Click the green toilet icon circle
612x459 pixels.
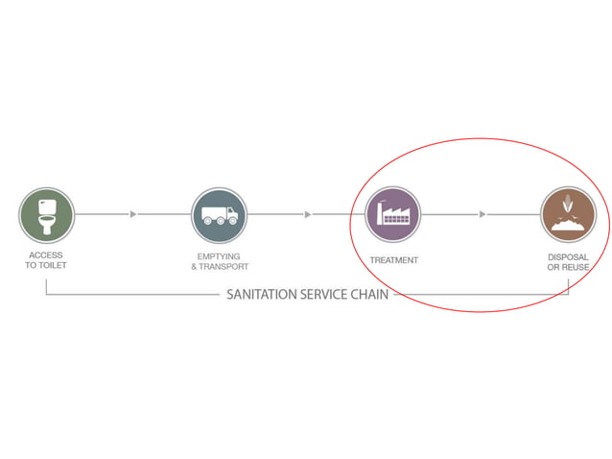coord(46,215)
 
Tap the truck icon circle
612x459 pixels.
coord(219,215)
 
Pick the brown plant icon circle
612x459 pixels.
coord(567,215)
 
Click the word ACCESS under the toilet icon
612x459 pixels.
coord(46,255)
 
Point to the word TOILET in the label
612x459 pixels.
coord(54,265)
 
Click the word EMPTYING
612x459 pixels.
coord(218,255)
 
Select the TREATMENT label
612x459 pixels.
coord(394,260)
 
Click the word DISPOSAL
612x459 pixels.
coord(568,256)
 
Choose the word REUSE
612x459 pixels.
coord(578,267)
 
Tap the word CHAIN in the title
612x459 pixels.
coord(369,295)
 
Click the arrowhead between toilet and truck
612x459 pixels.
coord(133,214)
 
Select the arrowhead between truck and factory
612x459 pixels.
coord(307,214)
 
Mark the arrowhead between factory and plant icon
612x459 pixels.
coord(483,214)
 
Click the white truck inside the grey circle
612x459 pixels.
coord(219,216)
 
